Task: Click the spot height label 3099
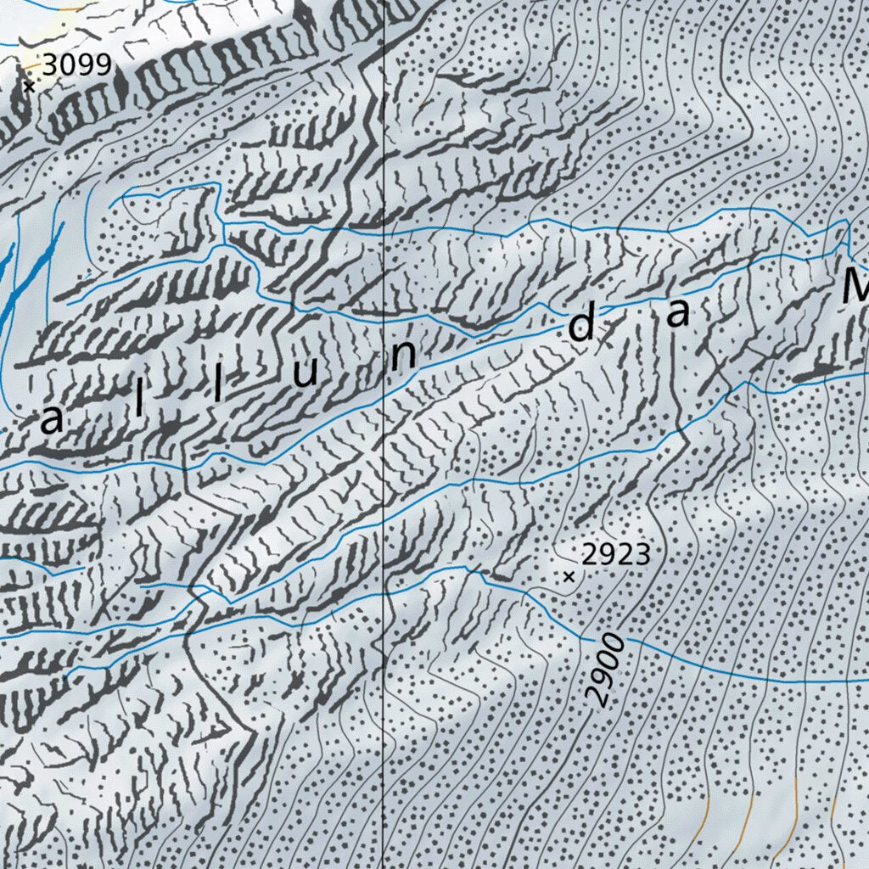pyautogui.click(x=76, y=64)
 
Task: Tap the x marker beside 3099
pyautogui.click(x=30, y=86)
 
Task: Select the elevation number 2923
pyautogui.click(x=616, y=555)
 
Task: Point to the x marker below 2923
pyautogui.click(x=569, y=577)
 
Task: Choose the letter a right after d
pyautogui.click(x=678, y=314)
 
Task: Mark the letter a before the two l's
pyautogui.click(x=52, y=421)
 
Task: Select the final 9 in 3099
pyautogui.click(x=103, y=64)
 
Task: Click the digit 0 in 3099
pyautogui.click(x=68, y=64)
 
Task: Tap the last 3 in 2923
pyautogui.click(x=642, y=555)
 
